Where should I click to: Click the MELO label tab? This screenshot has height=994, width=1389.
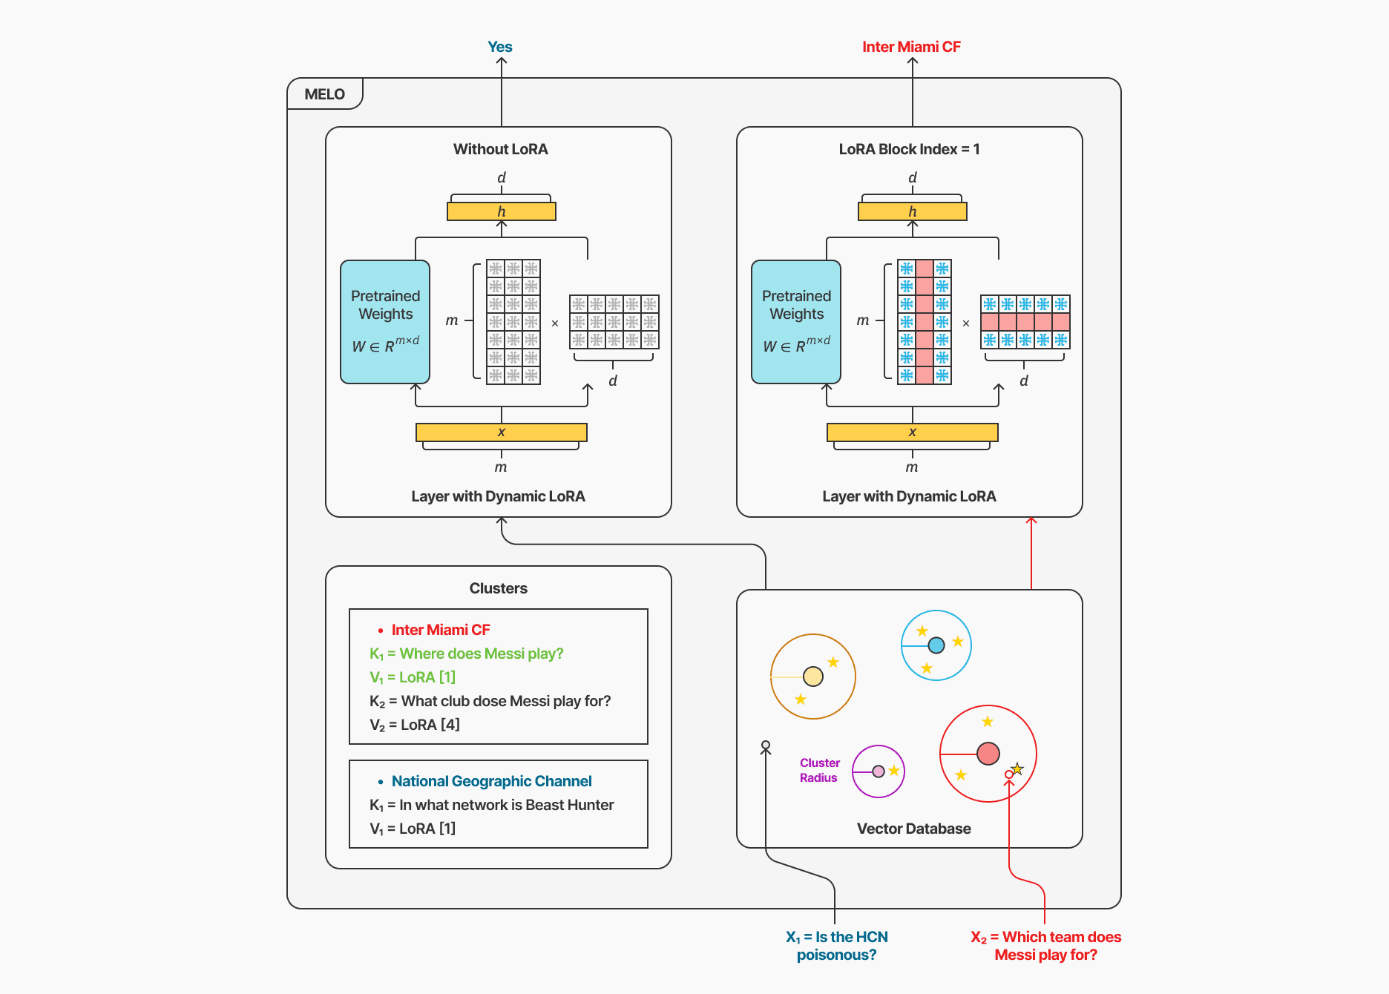pyautogui.click(x=325, y=94)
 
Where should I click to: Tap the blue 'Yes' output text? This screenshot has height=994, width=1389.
pyautogui.click(x=500, y=47)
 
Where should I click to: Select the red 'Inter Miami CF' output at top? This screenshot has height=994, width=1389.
pyautogui.click(x=911, y=47)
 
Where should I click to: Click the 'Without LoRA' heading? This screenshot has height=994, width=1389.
pyautogui.click(x=501, y=149)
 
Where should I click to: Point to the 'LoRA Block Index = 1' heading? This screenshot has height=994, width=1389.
pyautogui.click(x=909, y=149)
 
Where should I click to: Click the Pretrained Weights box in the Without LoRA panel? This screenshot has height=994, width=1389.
pyautogui.click(x=385, y=321)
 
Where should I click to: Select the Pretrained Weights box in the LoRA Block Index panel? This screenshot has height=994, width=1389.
pyautogui.click(x=796, y=321)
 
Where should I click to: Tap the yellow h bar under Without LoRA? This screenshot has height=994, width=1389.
pyautogui.click(x=502, y=211)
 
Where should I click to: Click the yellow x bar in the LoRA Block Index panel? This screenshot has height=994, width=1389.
pyautogui.click(x=913, y=432)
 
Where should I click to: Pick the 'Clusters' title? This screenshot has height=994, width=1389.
pyautogui.click(x=499, y=588)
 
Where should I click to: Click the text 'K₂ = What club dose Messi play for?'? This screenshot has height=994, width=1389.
pyautogui.click(x=490, y=701)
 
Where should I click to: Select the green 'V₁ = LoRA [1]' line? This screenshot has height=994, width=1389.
pyautogui.click(x=413, y=677)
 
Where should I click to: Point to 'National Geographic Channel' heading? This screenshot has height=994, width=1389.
pyautogui.click(x=491, y=781)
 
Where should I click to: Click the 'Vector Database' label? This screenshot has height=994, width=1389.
pyautogui.click(x=914, y=829)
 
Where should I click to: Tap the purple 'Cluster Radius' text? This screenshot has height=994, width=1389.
pyautogui.click(x=819, y=770)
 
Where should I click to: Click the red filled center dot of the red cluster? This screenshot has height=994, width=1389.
pyautogui.click(x=988, y=754)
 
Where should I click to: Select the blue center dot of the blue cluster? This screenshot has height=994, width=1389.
pyautogui.click(x=936, y=645)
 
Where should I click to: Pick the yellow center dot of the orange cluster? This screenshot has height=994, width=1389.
pyautogui.click(x=813, y=677)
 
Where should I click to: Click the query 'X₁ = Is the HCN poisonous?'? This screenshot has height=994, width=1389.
pyautogui.click(x=837, y=946)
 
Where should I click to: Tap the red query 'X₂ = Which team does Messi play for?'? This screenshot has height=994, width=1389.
pyautogui.click(x=1046, y=946)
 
